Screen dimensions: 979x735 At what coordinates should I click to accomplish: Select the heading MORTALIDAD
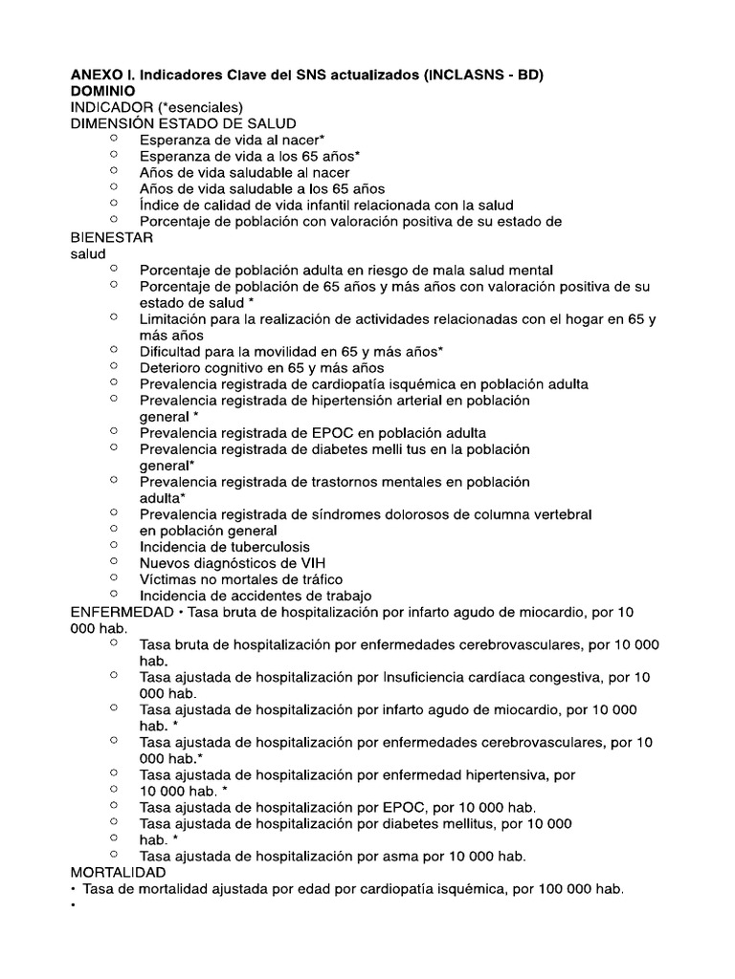click(118, 872)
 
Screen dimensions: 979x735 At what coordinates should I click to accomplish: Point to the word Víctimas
click(169, 578)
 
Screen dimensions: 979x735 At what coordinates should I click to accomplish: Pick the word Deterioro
click(173, 367)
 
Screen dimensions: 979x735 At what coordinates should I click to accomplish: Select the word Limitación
click(179, 318)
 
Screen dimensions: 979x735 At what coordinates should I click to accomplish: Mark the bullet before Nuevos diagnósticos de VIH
click(114, 561)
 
